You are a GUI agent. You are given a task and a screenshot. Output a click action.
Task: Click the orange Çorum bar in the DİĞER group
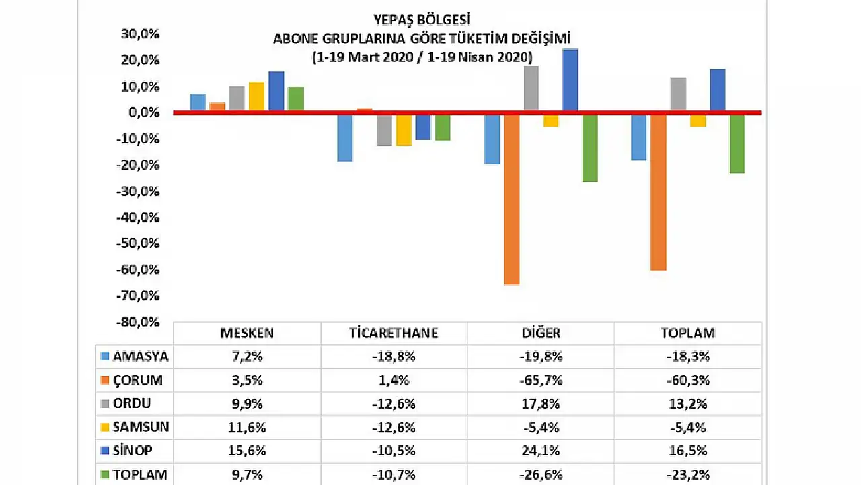511,199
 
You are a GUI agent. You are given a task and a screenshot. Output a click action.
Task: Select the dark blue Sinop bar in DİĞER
570,79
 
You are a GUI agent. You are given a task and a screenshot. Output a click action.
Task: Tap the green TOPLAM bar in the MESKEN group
296,99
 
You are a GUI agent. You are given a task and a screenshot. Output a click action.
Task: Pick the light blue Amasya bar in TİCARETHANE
345,137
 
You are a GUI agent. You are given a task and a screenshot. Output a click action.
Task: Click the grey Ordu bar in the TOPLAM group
678,94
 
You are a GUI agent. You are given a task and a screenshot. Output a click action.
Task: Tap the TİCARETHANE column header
394,333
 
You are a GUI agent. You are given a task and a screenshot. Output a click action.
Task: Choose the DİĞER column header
541,333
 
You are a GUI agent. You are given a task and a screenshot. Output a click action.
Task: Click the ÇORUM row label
138,380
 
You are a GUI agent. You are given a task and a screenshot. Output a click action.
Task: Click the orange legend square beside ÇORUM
104,380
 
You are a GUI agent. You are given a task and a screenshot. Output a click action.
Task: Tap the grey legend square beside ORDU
104,403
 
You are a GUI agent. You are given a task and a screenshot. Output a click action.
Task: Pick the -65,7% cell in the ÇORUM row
541,380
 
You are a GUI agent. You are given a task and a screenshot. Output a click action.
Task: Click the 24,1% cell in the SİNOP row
541,450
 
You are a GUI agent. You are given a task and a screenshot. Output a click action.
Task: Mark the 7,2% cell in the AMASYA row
247,356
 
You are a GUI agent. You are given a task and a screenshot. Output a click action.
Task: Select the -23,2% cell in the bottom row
687,474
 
